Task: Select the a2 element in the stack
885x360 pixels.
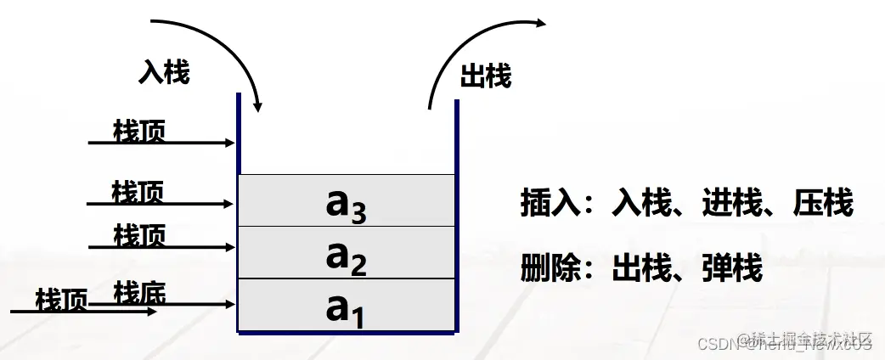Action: (x=347, y=254)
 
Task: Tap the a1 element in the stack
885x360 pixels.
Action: (x=347, y=307)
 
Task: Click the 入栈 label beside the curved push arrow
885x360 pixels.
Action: (x=164, y=73)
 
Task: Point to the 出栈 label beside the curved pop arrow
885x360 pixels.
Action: (x=486, y=77)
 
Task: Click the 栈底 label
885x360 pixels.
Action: (x=139, y=293)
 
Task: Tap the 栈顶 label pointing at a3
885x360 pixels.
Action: (x=138, y=191)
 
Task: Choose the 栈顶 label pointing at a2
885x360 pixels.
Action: (x=139, y=235)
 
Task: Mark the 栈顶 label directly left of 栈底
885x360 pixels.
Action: (x=61, y=301)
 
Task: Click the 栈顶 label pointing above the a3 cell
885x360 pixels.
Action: (x=139, y=131)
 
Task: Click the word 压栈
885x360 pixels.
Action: (x=823, y=205)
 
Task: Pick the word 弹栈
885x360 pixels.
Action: (x=732, y=269)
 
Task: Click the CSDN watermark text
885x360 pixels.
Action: (x=718, y=343)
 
